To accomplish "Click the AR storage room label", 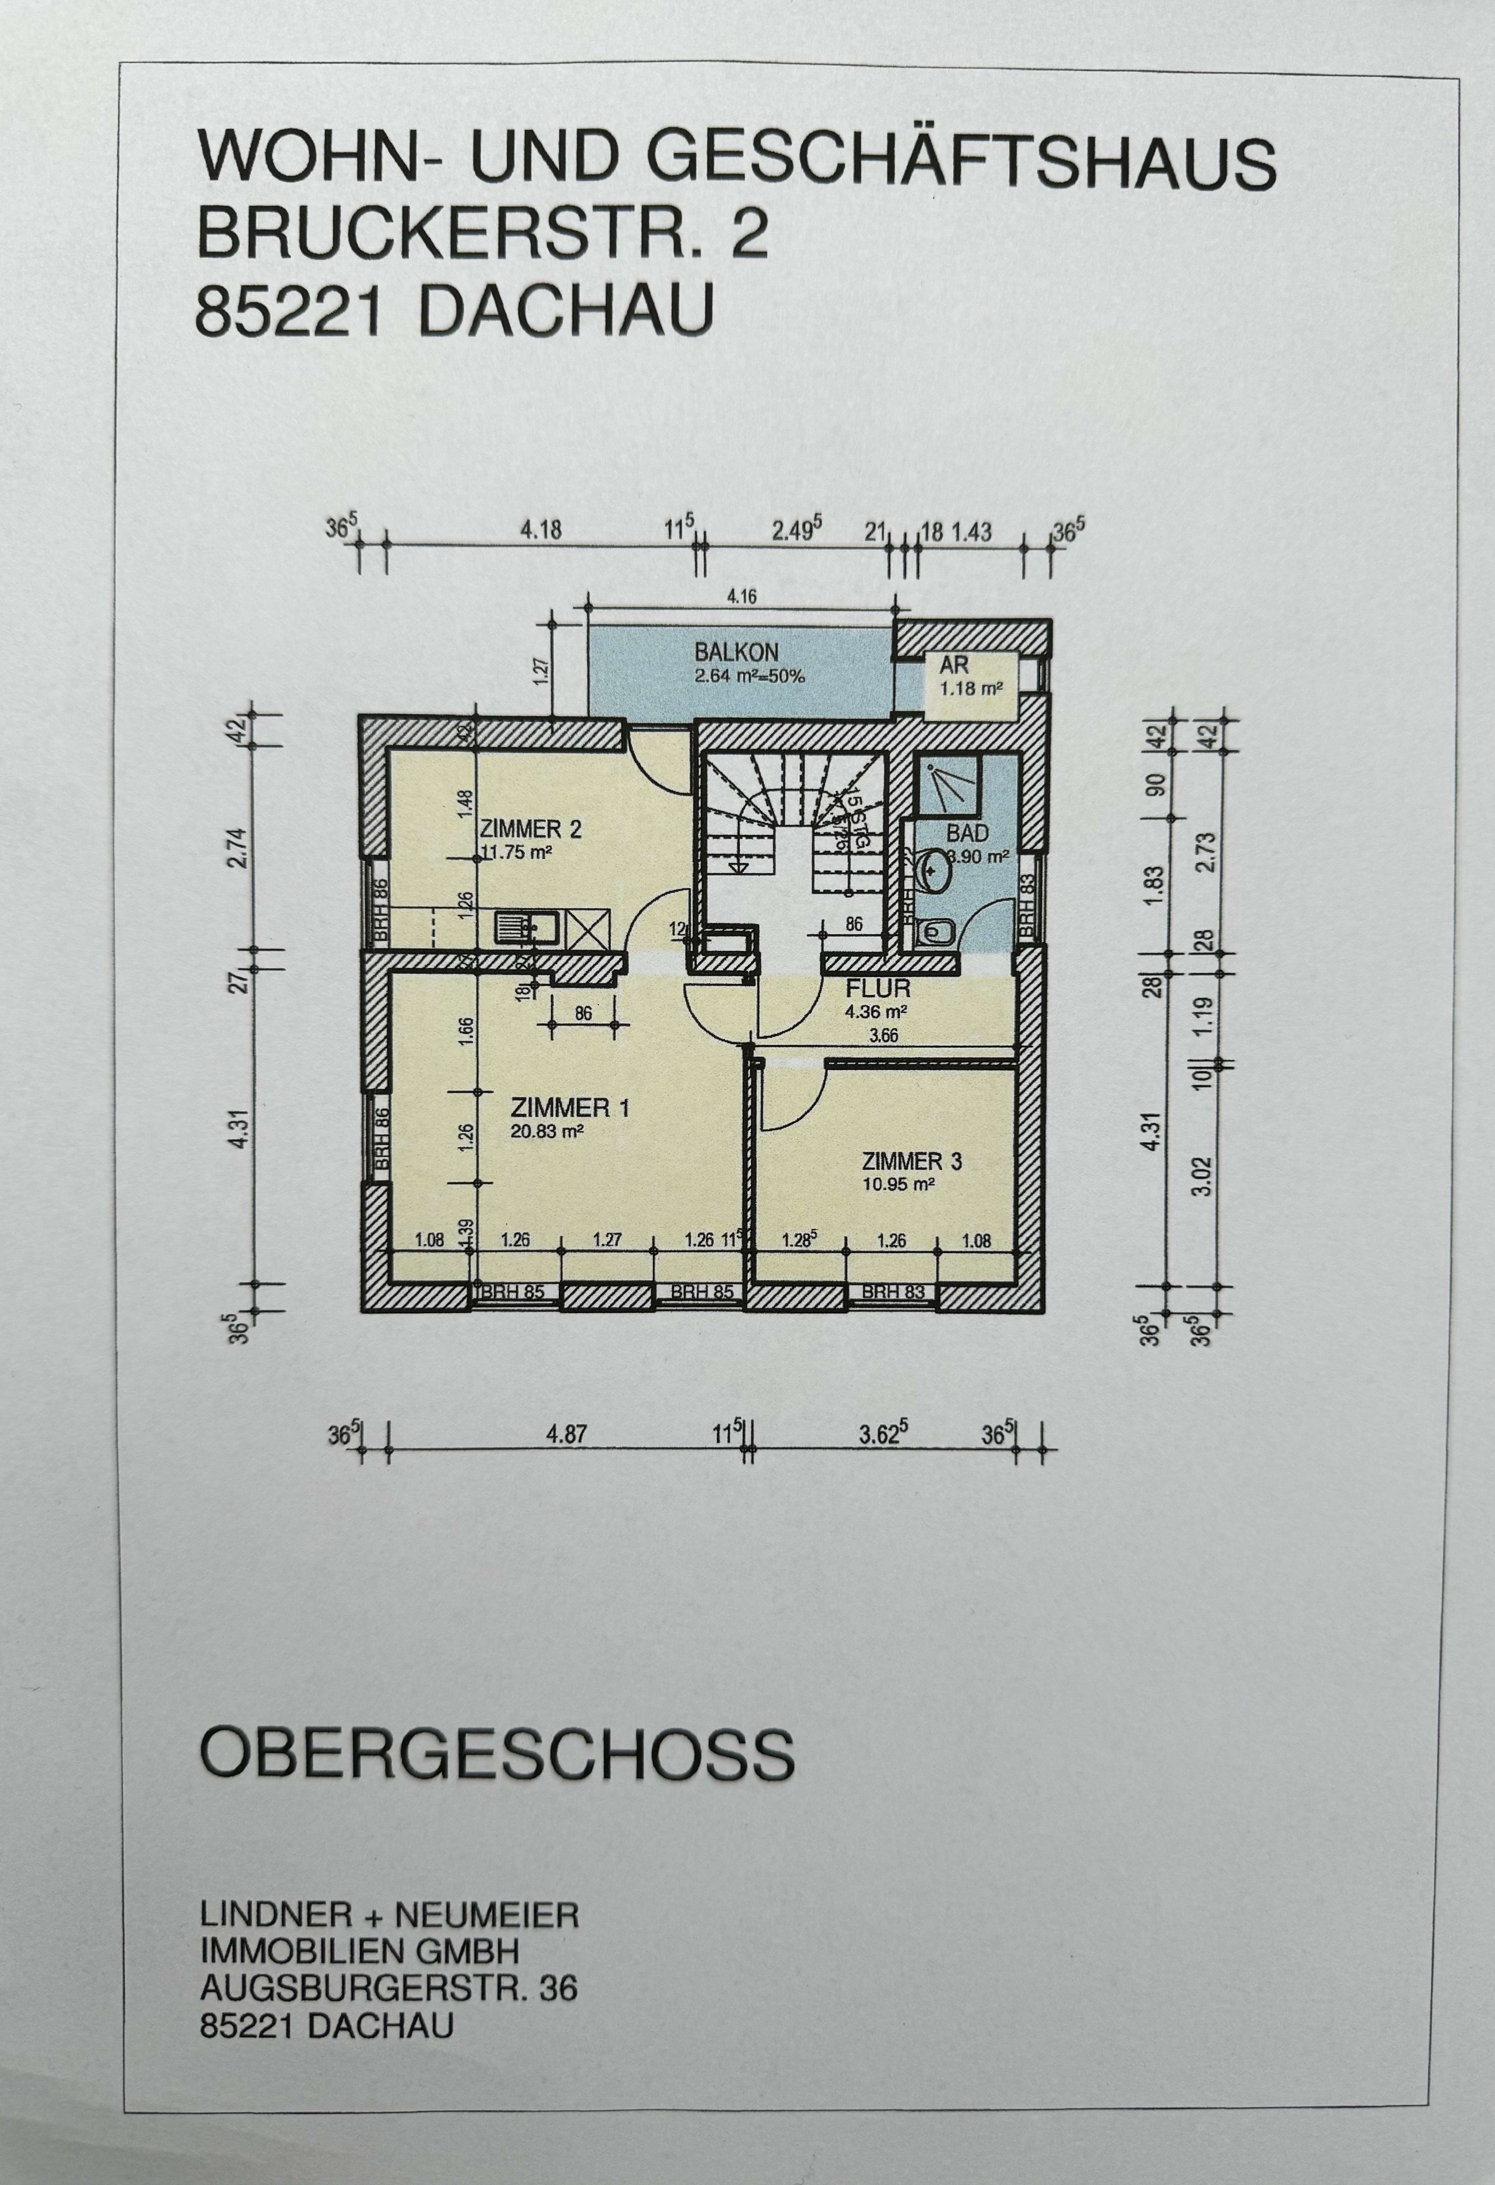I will [x=953, y=665].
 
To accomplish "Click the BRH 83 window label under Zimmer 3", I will [x=892, y=1292].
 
